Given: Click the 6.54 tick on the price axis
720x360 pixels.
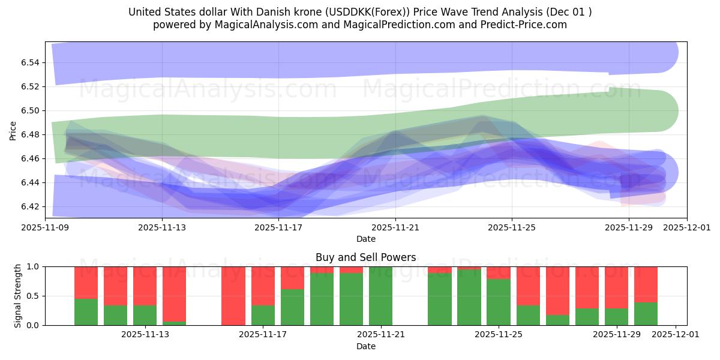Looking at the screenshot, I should coord(31,62).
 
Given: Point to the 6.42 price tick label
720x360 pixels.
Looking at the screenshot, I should coord(31,206).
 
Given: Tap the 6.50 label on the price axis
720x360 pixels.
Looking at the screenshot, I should coord(31,110).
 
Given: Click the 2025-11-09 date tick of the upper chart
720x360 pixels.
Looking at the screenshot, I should coord(46,228).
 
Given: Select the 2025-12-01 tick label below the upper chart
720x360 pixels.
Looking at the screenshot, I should coord(687,228).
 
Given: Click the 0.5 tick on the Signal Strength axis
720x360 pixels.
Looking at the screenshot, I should coord(32,296).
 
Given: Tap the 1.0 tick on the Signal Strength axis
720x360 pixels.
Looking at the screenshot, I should coord(32,266).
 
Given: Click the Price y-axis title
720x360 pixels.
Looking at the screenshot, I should coord(13,130).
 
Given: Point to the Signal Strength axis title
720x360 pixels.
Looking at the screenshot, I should coord(18,296).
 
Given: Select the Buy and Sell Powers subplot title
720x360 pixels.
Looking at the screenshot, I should coord(365,257).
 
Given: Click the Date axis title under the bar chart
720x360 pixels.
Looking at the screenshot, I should coord(365,346).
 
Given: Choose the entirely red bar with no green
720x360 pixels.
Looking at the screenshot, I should coord(233,296).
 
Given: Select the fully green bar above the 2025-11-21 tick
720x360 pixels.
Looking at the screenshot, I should coord(380,296).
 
